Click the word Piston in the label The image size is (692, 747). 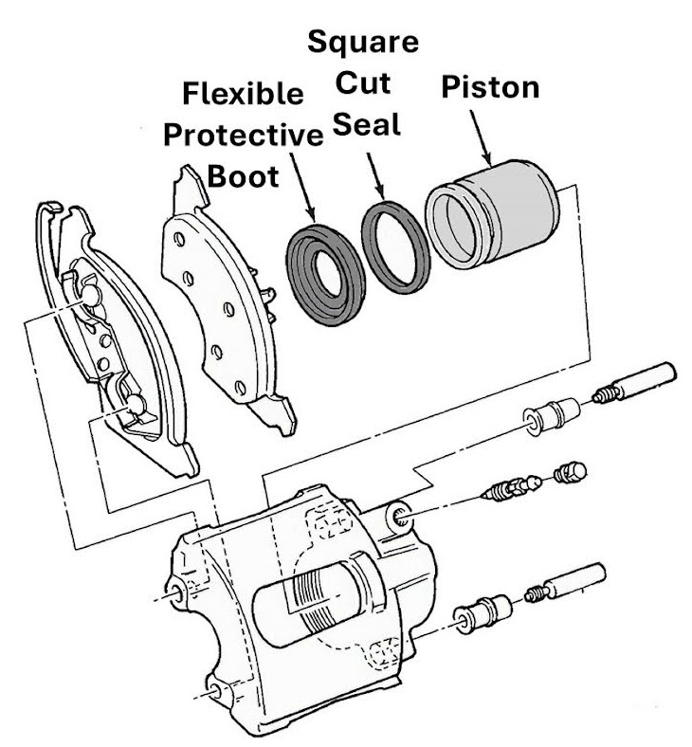pyautogui.click(x=490, y=88)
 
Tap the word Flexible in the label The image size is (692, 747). pyautogui.click(x=243, y=95)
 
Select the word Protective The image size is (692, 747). pyautogui.click(x=243, y=136)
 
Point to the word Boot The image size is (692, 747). pyautogui.click(x=243, y=176)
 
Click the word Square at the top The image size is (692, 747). pyautogui.click(x=365, y=42)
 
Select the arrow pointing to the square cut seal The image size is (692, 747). pyautogui.click(x=376, y=176)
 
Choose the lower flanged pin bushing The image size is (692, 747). pyautogui.click(x=483, y=613)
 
